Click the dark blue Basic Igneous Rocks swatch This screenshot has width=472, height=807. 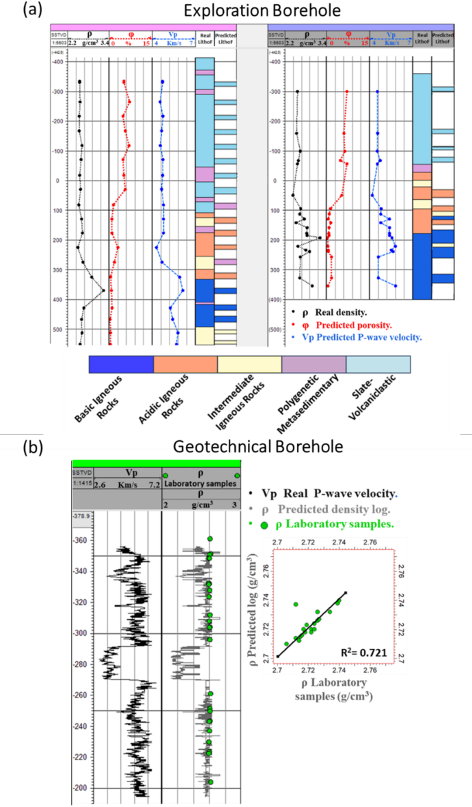point(121,365)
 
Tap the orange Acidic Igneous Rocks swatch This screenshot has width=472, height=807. point(185,365)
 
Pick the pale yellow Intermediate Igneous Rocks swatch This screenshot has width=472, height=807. point(249,365)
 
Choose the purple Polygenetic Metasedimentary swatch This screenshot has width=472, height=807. point(314,365)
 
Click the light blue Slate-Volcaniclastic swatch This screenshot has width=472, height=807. point(378,365)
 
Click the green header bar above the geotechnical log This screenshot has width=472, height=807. point(156,462)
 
